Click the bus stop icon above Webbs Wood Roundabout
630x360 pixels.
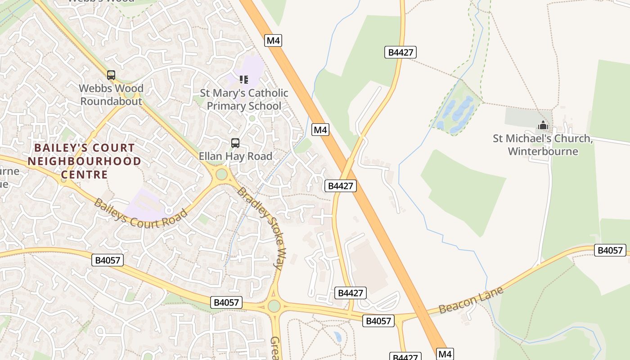111,75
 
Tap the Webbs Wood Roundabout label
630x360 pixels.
111,94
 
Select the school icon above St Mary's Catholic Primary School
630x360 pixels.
244,80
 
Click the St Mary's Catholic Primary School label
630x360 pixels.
244,99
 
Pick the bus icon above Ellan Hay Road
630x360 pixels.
235,143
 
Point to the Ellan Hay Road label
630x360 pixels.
235,156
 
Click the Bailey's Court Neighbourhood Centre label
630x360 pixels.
84,161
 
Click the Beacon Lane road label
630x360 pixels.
471,300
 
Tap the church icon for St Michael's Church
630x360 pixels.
543,126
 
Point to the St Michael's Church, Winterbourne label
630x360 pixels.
543,144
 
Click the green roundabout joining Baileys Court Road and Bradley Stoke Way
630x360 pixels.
221,174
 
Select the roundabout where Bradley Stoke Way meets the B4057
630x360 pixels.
274,306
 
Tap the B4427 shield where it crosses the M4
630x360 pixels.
340,185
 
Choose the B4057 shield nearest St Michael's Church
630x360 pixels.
610,250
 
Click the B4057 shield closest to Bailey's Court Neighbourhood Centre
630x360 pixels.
108,260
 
